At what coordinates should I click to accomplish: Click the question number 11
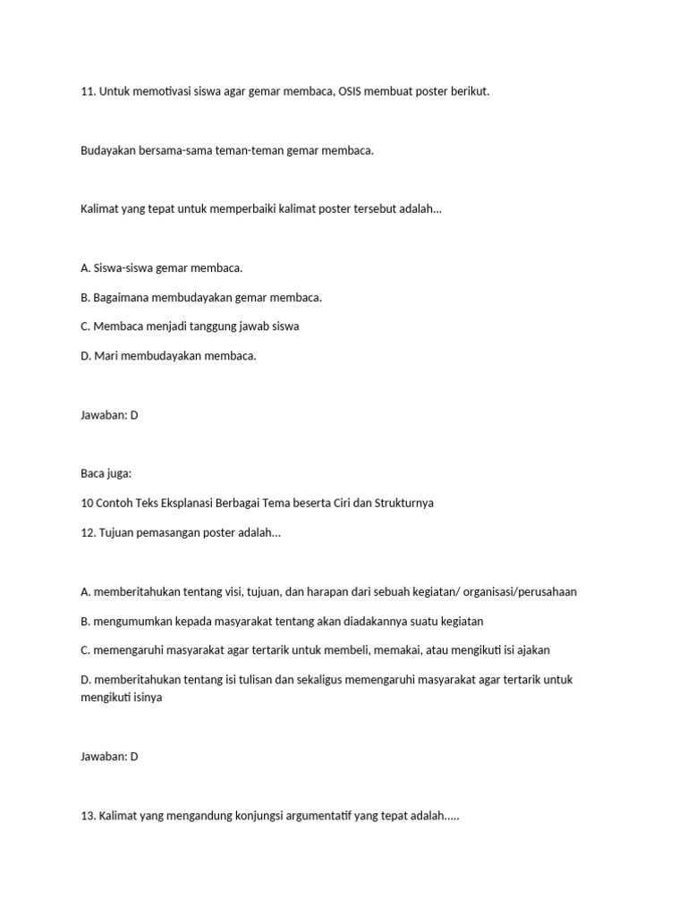tap(88, 92)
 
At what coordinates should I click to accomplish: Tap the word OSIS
tap(355, 92)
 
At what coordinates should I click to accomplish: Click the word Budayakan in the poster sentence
tap(108, 150)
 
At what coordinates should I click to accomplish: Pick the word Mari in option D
tap(106, 356)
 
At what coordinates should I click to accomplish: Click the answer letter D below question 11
tap(134, 415)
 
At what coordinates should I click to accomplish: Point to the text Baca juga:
tap(106, 473)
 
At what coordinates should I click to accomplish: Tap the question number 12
tap(88, 532)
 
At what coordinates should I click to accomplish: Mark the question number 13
tap(88, 817)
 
